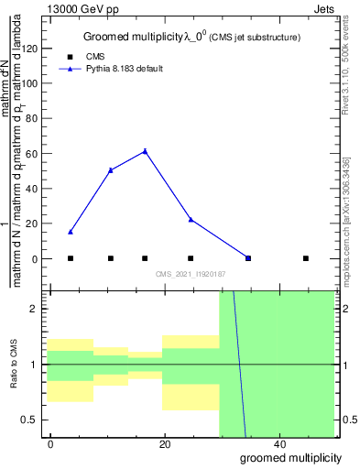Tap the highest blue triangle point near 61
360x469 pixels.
pos(145,151)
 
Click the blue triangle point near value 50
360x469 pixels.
pos(110,170)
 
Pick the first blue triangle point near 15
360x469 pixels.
pos(71,232)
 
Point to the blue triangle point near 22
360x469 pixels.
pos(191,220)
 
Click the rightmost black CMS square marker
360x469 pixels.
pos(306,258)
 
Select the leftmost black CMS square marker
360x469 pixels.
pos(71,258)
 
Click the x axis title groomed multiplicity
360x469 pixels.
pos(291,458)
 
